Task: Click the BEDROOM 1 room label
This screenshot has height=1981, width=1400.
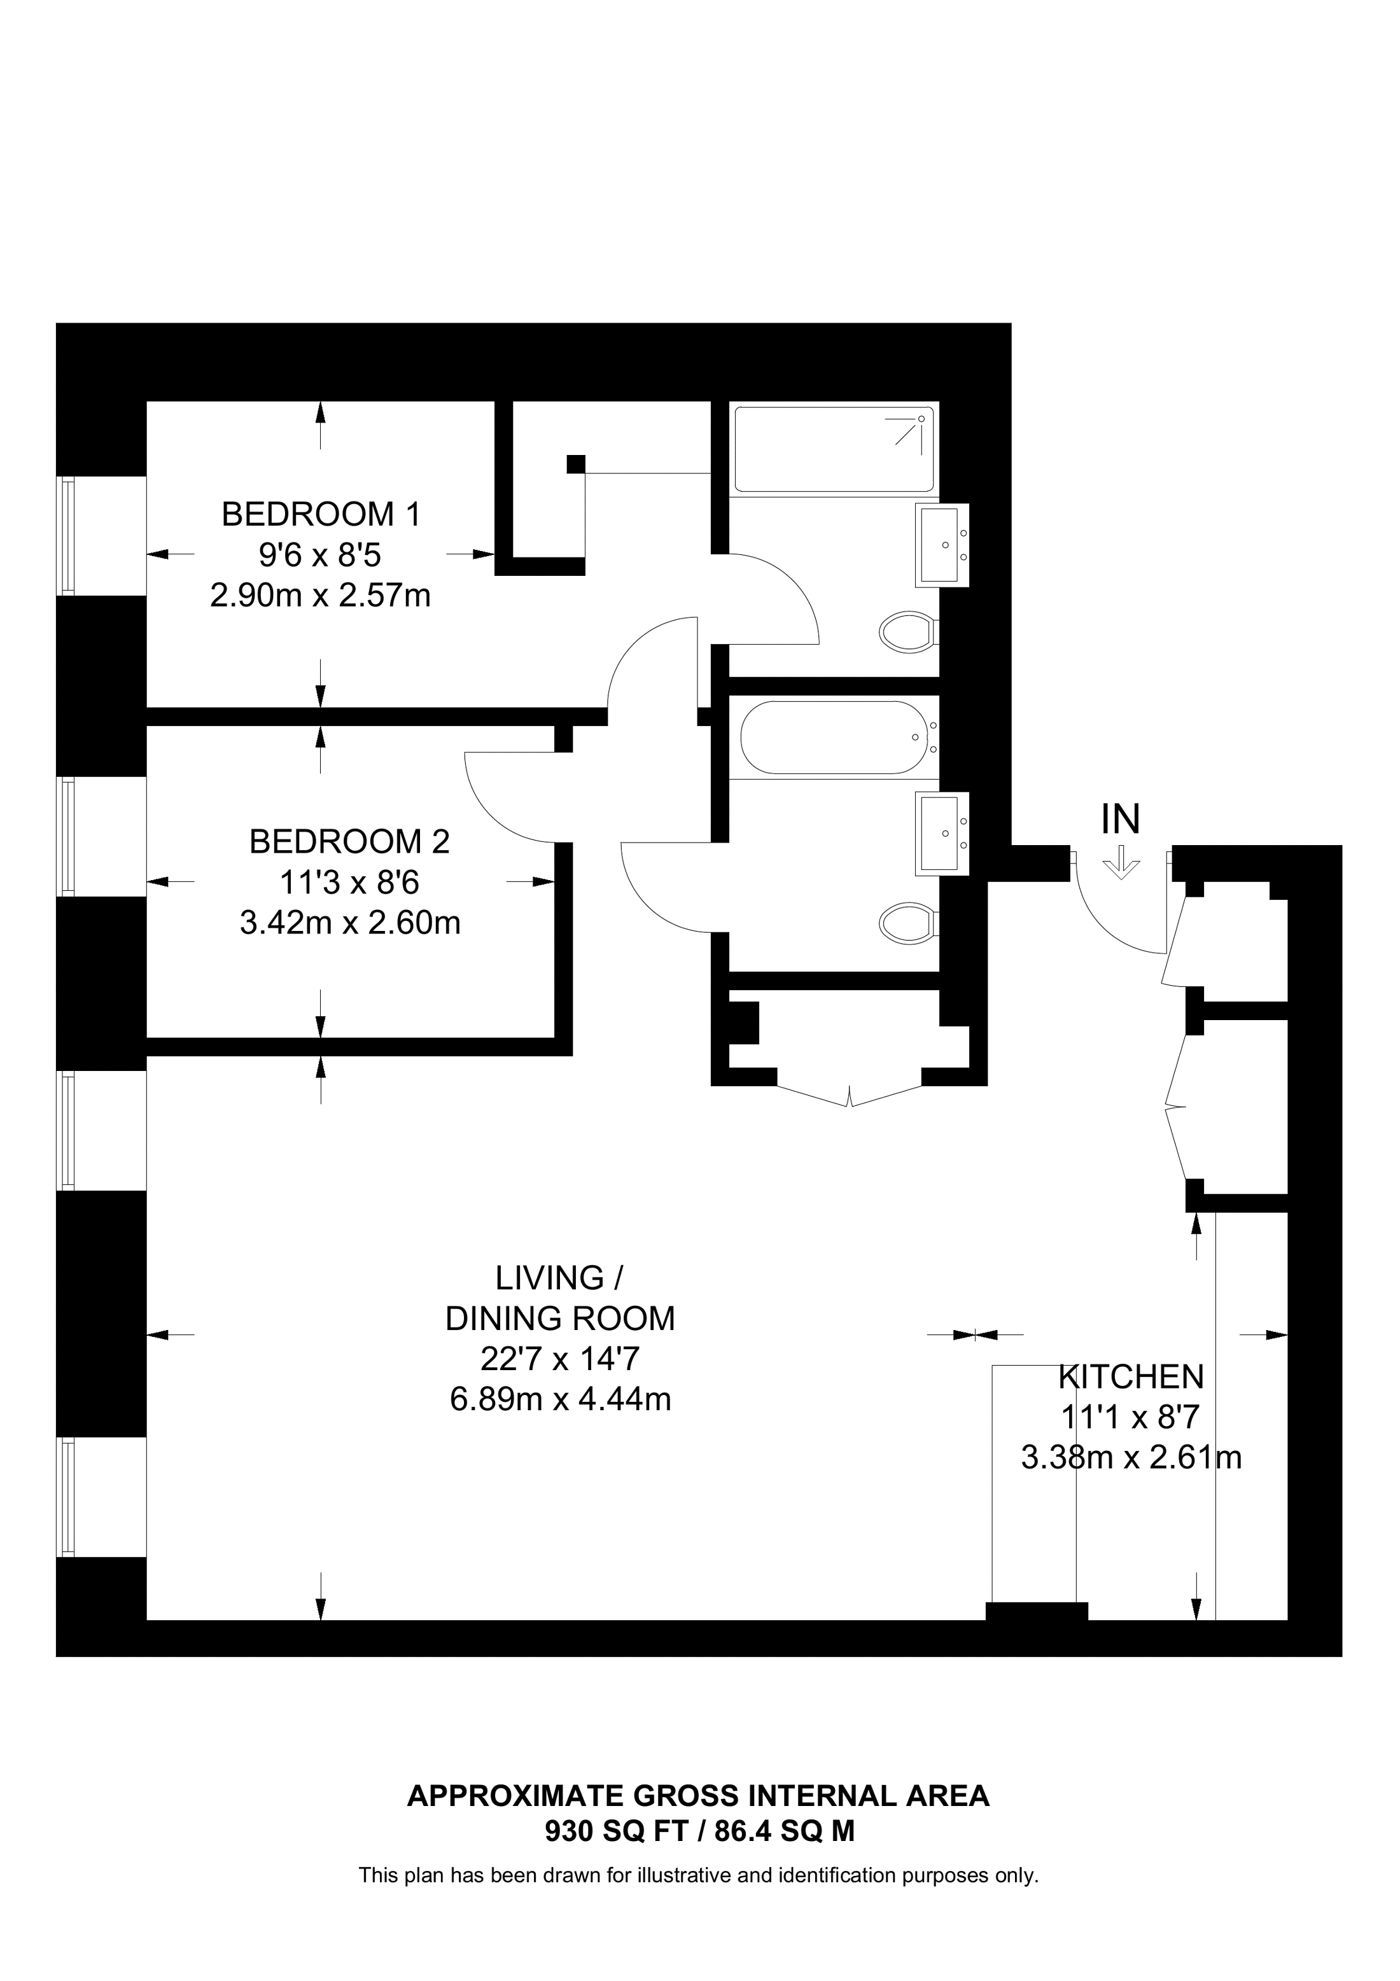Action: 321,514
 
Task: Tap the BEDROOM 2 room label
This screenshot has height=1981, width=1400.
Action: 349,841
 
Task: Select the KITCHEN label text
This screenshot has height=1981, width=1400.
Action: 1131,1377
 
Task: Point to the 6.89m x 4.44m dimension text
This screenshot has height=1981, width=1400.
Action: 561,1399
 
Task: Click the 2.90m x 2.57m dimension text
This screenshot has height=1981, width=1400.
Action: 320,596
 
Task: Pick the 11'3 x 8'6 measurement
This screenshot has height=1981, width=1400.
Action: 349,882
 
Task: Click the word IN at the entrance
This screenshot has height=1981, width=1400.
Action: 1121,819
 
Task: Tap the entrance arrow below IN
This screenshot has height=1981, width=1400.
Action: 1121,862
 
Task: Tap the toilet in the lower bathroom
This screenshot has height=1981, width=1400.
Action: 908,924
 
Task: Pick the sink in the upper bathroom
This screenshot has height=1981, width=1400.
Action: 942,545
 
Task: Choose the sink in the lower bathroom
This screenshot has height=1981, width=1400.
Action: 942,834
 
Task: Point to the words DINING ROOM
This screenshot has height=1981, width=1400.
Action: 561,1319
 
